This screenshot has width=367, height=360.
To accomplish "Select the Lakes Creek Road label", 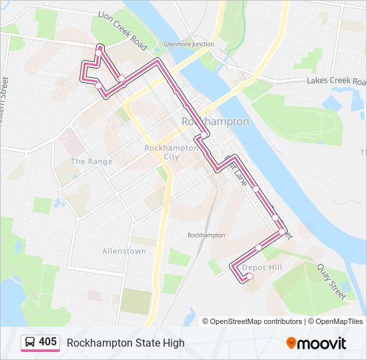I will point(335,81).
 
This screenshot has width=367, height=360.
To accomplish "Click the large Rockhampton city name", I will point(215,122).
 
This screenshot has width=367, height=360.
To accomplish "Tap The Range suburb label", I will point(91,161).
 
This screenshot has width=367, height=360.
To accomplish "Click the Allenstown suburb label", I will point(123,251).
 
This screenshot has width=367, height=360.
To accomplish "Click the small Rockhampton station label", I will point(206,235).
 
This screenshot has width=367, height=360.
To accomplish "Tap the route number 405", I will point(47,342).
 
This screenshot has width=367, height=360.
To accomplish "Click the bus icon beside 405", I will point(30,343).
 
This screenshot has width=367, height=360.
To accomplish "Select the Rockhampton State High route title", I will point(125,343).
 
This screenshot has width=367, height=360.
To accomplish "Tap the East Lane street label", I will point(238,172).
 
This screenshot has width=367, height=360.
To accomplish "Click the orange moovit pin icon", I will point(292,343).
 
